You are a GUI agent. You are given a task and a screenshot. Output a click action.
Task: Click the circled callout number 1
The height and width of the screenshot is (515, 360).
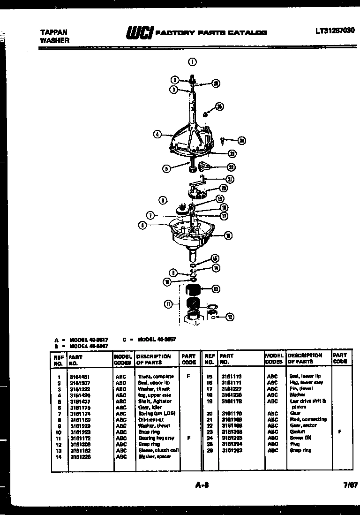(192, 61)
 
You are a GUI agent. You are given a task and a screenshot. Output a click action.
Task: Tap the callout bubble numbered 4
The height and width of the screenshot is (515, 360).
(157, 135)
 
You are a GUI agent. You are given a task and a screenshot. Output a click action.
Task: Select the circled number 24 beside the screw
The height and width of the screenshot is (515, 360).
(241, 140)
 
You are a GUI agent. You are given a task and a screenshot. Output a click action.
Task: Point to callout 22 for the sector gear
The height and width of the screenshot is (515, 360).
(231, 167)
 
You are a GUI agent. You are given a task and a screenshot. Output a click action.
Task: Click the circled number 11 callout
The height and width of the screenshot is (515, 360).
(167, 304)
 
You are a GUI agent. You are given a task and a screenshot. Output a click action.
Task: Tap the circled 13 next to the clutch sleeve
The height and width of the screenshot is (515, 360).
(216, 289)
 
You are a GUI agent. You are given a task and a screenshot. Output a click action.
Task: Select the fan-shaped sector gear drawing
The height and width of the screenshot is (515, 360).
(205, 167)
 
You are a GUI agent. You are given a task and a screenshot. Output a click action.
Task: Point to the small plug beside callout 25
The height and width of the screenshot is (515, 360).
(205, 114)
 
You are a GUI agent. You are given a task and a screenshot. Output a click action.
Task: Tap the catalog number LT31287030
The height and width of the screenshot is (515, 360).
(335, 30)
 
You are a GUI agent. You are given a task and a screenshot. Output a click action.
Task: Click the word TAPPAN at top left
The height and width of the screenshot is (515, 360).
(53, 32)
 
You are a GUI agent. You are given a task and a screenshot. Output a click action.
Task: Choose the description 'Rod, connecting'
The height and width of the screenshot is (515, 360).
(308, 419)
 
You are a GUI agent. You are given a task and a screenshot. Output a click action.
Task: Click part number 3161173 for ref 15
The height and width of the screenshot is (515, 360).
(231, 376)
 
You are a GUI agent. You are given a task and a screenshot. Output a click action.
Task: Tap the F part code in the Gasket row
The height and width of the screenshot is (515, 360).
(339, 432)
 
